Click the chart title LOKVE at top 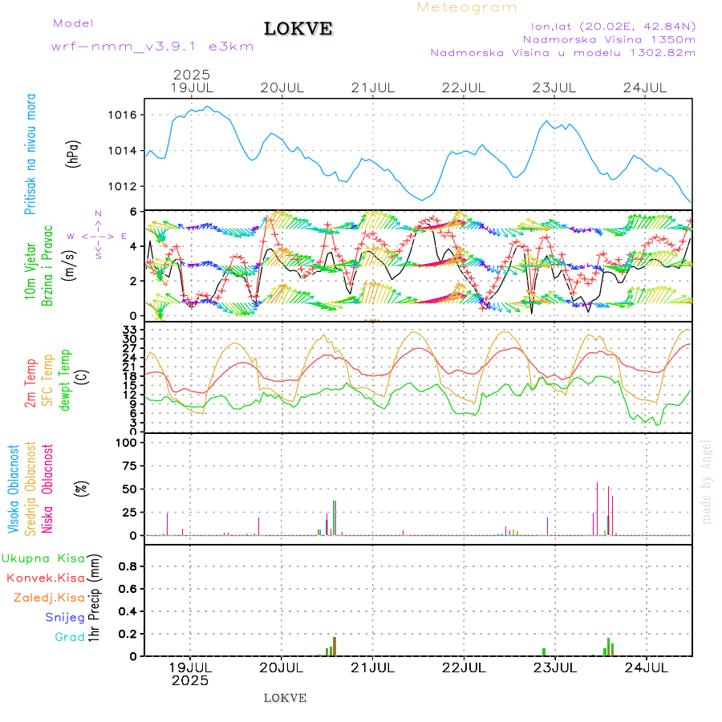click(x=298, y=29)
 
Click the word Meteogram click(x=468, y=7)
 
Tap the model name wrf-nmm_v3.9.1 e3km click(x=152, y=47)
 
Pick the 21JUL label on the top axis click(x=374, y=87)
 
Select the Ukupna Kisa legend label click(x=43, y=558)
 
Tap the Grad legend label click(x=70, y=638)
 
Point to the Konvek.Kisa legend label click(x=46, y=578)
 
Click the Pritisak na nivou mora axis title click(x=30, y=155)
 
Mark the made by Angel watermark click(x=707, y=481)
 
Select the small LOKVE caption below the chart click(x=285, y=698)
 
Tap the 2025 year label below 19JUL click(x=191, y=680)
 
